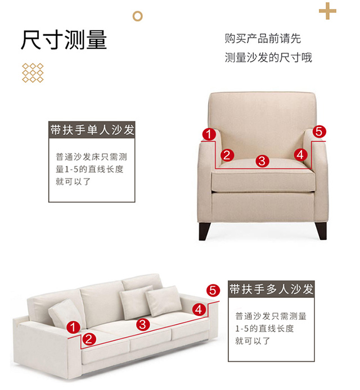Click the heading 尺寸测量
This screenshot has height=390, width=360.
point(64,40)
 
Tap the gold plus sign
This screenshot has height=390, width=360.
point(327,11)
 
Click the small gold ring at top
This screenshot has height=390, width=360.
point(137,16)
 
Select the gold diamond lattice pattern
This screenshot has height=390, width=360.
point(33,72)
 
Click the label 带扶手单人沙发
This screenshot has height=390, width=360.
point(92,130)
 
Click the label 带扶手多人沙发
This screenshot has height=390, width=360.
point(271,289)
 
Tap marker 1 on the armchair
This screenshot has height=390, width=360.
point(209,134)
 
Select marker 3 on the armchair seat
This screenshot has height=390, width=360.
point(262,161)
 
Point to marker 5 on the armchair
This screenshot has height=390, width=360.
point(319,131)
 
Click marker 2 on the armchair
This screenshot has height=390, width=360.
point(227,155)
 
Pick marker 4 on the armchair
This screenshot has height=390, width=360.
point(300,155)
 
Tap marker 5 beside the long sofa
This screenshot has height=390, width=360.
point(213,291)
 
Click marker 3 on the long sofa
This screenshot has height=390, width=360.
point(143,325)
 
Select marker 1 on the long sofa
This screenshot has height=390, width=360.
point(73,327)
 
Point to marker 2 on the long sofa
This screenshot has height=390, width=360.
point(89,339)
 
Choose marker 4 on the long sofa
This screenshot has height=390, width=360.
point(199,310)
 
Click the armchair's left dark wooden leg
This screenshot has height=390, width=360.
point(204,231)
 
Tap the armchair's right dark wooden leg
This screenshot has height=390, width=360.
point(321,231)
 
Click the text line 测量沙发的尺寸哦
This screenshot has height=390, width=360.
point(268,57)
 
